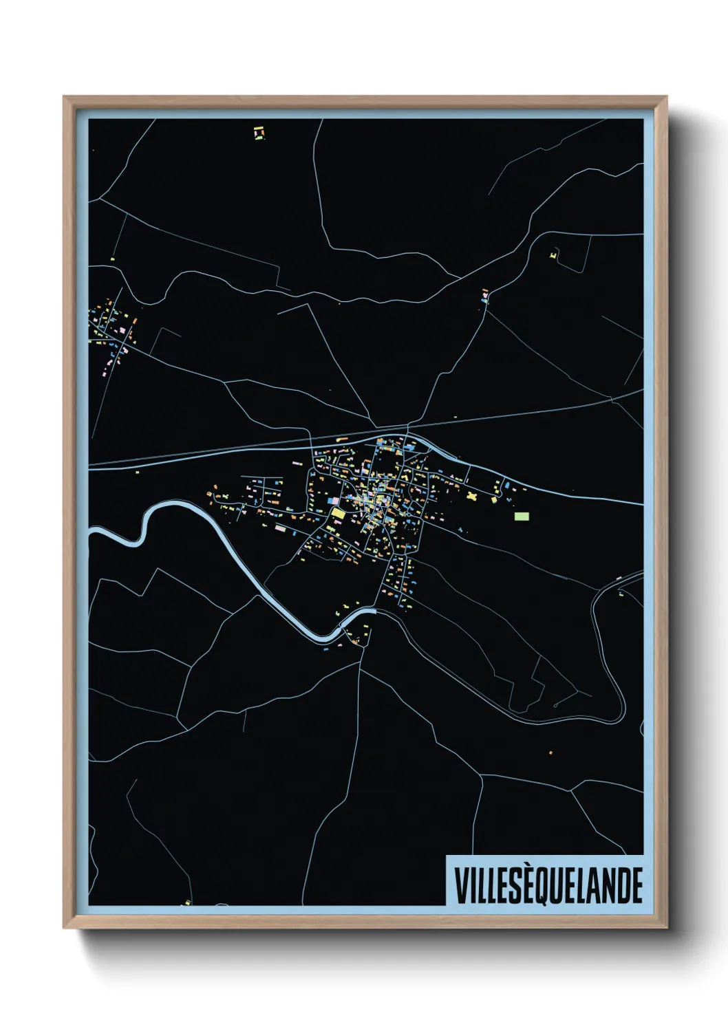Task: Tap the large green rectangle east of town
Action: (x=522, y=515)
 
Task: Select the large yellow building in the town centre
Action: (x=338, y=513)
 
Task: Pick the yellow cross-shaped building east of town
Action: (x=471, y=495)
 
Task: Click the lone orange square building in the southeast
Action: (x=550, y=754)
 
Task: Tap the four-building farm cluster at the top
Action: (x=259, y=132)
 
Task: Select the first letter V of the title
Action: (x=460, y=885)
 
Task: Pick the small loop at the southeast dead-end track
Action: (x=555, y=706)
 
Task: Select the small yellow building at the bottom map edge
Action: (x=186, y=902)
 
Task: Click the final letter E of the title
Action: (x=636, y=885)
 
